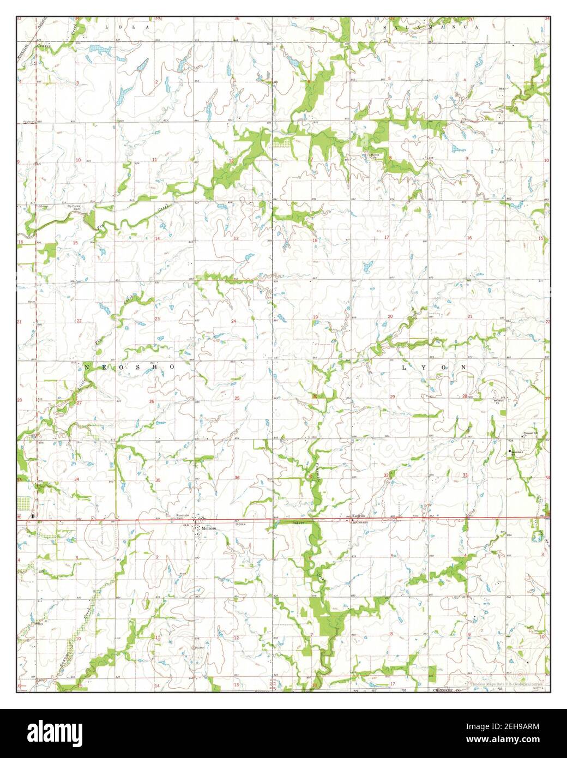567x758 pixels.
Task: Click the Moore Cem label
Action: tap(375, 155)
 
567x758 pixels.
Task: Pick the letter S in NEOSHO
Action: tap(135, 368)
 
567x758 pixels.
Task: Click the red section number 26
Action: tap(152, 401)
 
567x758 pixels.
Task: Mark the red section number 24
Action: tap(233, 321)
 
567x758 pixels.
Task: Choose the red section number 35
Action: tap(158, 480)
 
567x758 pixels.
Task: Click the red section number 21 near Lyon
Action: tap(469, 316)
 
